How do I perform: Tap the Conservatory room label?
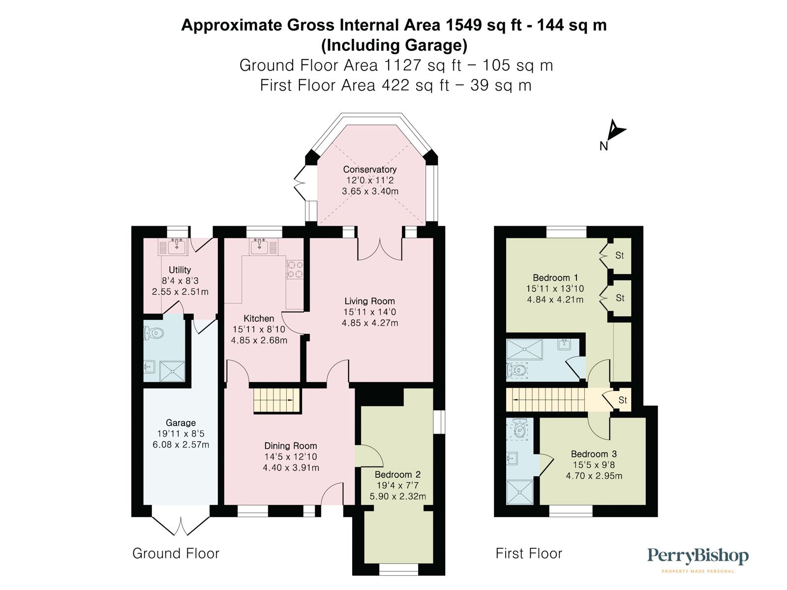[369, 169]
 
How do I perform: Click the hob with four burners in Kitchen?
[295, 269]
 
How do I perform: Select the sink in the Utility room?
[173, 246]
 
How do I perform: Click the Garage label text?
[181, 423]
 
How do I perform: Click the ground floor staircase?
[276, 400]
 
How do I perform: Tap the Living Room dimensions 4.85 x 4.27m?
[370, 323]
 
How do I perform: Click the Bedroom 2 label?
[397, 474]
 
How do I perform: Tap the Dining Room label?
[290, 446]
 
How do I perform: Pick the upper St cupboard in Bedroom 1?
[619, 255]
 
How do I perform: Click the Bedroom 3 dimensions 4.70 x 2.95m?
[594, 475]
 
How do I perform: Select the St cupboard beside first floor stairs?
[622, 400]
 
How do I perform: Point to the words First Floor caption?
[528, 554]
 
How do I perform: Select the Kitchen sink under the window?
[260, 246]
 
